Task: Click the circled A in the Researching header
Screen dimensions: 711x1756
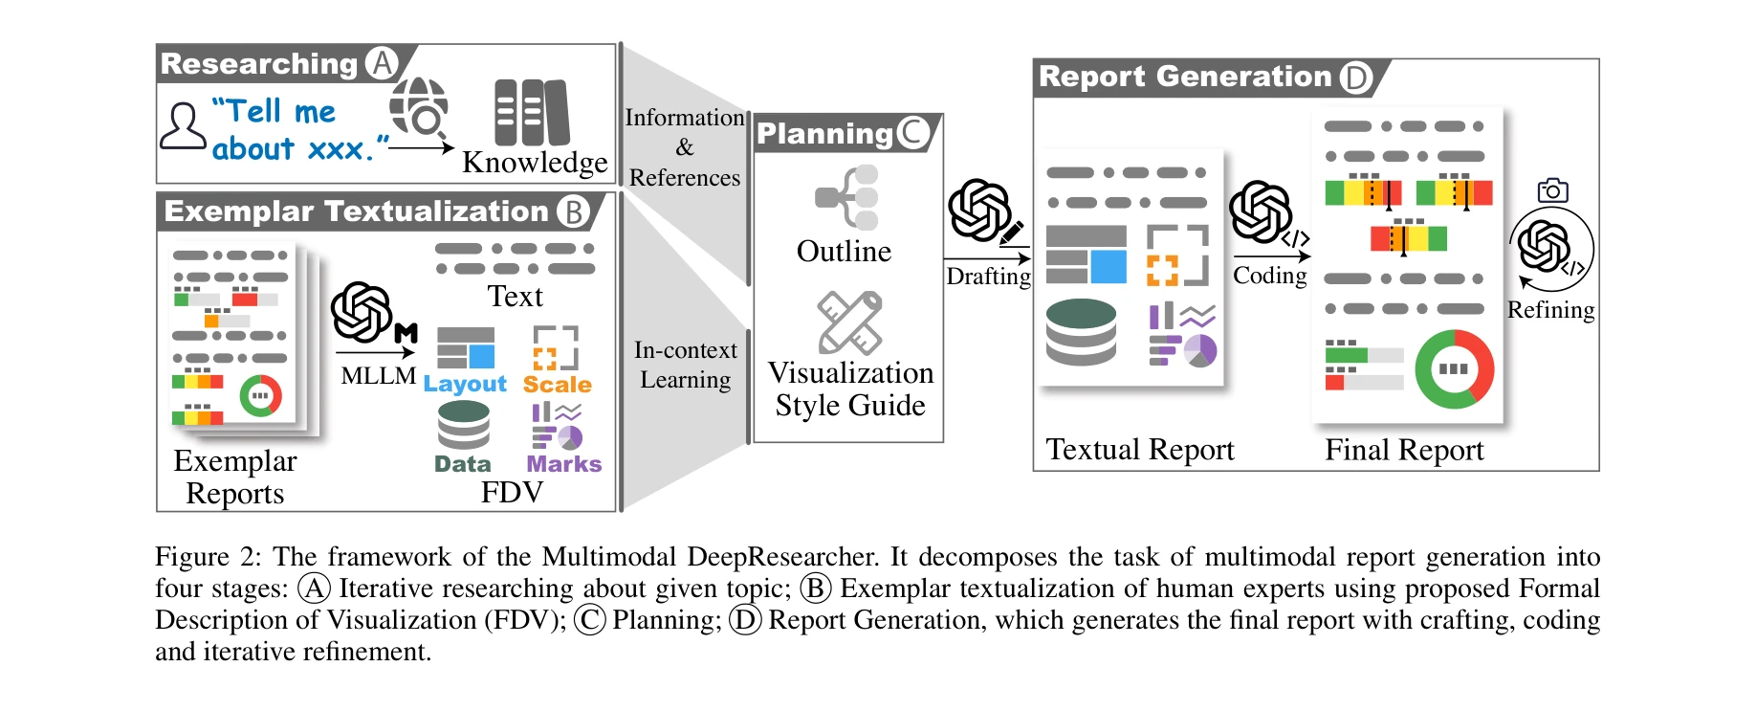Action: (382, 63)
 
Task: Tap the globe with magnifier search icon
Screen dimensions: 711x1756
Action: (420, 106)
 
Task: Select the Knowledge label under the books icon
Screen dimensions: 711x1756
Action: (534, 162)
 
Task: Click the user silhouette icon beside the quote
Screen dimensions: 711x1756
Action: (182, 126)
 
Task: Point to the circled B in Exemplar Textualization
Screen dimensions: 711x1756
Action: (572, 211)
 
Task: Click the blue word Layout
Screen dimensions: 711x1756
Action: (465, 384)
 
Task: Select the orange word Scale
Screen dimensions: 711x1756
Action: (557, 385)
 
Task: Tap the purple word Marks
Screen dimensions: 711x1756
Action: (563, 464)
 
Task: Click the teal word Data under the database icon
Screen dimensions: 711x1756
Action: (462, 464)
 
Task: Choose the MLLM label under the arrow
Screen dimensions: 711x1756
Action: (378, 376)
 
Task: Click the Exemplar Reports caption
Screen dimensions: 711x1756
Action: (235, 477)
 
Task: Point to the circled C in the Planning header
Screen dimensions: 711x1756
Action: (912, 133)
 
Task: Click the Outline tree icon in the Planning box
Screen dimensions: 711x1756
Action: (847, 197)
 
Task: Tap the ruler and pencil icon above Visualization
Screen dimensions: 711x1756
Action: (849, 322)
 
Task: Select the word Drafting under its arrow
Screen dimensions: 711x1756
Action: (988, 277)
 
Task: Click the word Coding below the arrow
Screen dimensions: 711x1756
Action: (1269, 276)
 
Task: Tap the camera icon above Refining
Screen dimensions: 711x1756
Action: (1552, 190)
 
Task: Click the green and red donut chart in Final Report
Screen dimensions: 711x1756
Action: (1453, 369)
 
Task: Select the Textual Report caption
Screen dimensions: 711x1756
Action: (1139, 450)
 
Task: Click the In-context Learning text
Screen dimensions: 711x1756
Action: (685, 365)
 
